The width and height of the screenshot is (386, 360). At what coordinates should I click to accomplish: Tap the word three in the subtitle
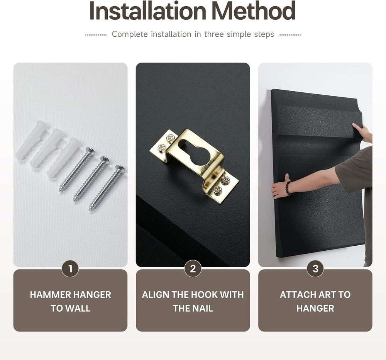click(214, 34)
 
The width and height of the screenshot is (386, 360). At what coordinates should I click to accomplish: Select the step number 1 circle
click(70, 268)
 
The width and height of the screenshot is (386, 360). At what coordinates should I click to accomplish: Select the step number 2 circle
click(193, 268)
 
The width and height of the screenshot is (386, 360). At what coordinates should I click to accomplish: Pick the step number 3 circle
click(315, 268)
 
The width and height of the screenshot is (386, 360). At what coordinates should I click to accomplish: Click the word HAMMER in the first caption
click(51, 295)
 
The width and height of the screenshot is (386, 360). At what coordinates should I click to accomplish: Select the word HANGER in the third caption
click(315, 308)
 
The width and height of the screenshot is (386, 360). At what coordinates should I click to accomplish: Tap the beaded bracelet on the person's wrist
click(288, 187)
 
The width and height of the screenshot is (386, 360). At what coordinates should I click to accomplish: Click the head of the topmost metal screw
click(90, 151)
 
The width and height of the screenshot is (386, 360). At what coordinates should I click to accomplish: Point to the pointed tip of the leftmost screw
click(59, 191)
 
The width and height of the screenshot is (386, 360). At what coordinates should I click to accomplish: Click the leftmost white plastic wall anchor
click(31, 140)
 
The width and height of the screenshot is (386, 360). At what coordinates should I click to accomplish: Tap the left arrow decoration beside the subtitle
click(95, 35)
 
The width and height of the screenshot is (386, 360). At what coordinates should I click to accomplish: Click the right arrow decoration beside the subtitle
click(290, 35)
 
